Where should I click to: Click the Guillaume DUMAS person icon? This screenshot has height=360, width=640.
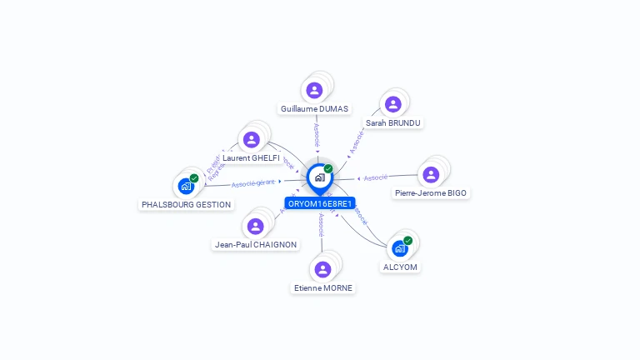coord(314,90)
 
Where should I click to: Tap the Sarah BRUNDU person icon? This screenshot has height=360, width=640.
coord(393,104)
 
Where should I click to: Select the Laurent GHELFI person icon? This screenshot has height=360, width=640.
coord(252,139)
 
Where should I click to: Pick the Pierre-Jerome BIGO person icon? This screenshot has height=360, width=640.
coord(431,174)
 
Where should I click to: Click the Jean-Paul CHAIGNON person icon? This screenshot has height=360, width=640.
coord(256,226)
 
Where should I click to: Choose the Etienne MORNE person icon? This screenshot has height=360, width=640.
coord(322,269)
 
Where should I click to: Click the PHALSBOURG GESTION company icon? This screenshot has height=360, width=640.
coord(186,186)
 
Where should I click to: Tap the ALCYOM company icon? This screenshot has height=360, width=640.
coord(400,248)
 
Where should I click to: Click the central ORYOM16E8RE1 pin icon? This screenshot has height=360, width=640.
coord(319,177)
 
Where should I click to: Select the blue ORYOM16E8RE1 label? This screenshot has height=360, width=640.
coord(320,203)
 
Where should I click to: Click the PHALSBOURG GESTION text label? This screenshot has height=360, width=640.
coord(187,204)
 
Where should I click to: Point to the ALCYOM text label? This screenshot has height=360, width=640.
coord(400,267)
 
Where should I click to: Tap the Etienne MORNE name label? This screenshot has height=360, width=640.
coord(323,288)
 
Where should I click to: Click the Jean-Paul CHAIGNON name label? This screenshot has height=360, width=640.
coord(256,245)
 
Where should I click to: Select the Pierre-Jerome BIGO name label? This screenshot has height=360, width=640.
coord(431,193)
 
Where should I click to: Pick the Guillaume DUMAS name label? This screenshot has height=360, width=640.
coord(315,109)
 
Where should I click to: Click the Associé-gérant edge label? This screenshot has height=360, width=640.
coord(253,182)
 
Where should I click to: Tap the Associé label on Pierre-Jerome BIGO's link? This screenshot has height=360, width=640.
coord(376,177)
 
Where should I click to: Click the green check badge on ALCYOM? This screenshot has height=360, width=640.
coord(408,240)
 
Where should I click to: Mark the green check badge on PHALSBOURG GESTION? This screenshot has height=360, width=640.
coord(194,177)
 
